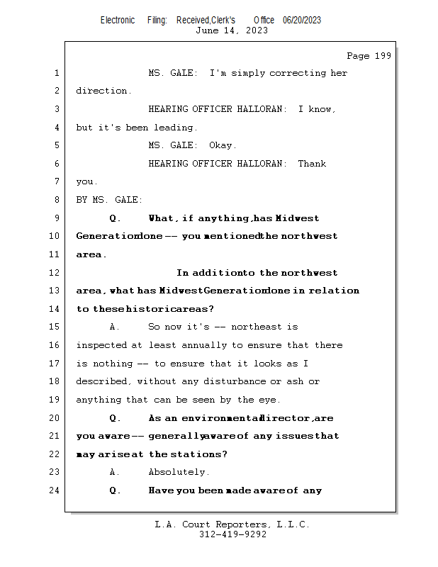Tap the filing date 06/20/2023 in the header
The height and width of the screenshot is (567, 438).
[302, 20]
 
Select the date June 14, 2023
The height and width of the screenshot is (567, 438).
[232, 30]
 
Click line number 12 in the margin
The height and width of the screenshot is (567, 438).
[57, 273]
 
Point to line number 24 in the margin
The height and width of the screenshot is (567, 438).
[57, 490]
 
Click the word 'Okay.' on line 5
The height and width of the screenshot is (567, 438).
[223, 145]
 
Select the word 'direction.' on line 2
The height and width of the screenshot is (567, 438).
[103, 91]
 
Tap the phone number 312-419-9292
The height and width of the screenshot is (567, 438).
[232, 534]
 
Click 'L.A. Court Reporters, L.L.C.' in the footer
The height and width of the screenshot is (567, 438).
[232, 524]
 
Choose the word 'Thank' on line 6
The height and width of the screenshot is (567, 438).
[312, 164]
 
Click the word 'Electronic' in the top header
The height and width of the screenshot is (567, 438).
[118, 20]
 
